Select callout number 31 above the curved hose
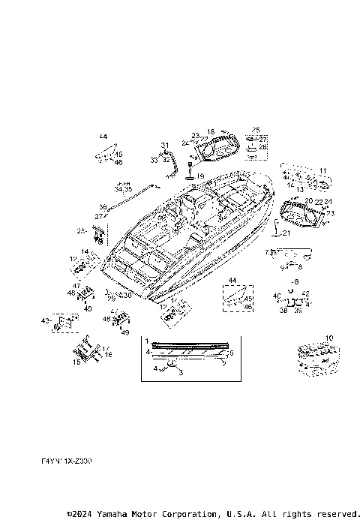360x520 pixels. click(165, 145)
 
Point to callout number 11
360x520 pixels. click(322, 171)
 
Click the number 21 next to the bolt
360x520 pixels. click(286, 233)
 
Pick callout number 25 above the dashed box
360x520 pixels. click(256, 131)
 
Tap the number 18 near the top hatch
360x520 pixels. click(211, 132)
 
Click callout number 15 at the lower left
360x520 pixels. click(76, 362)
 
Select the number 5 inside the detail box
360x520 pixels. click(231, 352)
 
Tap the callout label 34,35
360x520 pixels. click(123, 188)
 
